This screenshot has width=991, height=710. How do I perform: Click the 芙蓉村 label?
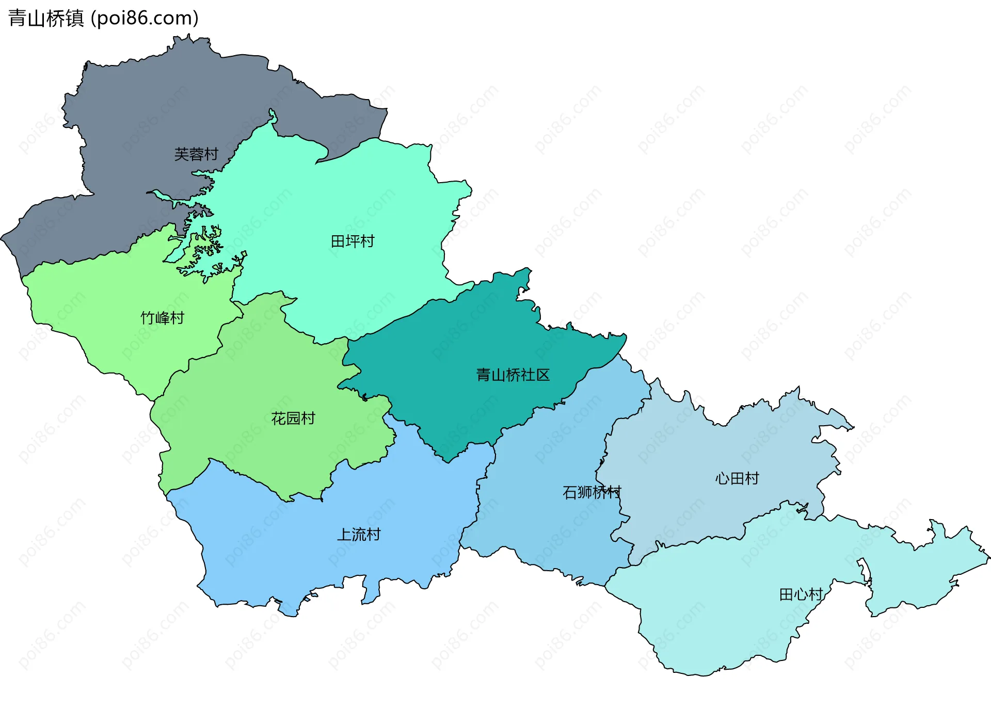[196, 154]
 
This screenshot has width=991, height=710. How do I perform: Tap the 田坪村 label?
[353, 241]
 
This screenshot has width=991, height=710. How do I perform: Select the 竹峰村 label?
[163, 318]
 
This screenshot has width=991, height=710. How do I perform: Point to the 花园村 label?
[293, 418]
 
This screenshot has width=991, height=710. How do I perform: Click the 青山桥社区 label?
[513, 375]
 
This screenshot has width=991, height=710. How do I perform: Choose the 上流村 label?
[359, 535]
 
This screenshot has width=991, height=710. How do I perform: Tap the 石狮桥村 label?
[592, 492]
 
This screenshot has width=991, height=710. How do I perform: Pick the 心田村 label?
[737, 478]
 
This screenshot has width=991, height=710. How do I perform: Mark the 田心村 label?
[801, 594]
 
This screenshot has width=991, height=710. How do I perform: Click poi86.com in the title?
[145, 18]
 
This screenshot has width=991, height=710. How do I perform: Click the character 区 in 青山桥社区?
[543, 375]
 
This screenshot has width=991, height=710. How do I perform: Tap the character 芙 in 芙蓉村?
[182, 154]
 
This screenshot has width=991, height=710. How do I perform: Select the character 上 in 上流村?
[344, 535]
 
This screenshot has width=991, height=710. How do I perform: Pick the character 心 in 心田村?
[722, 478]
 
